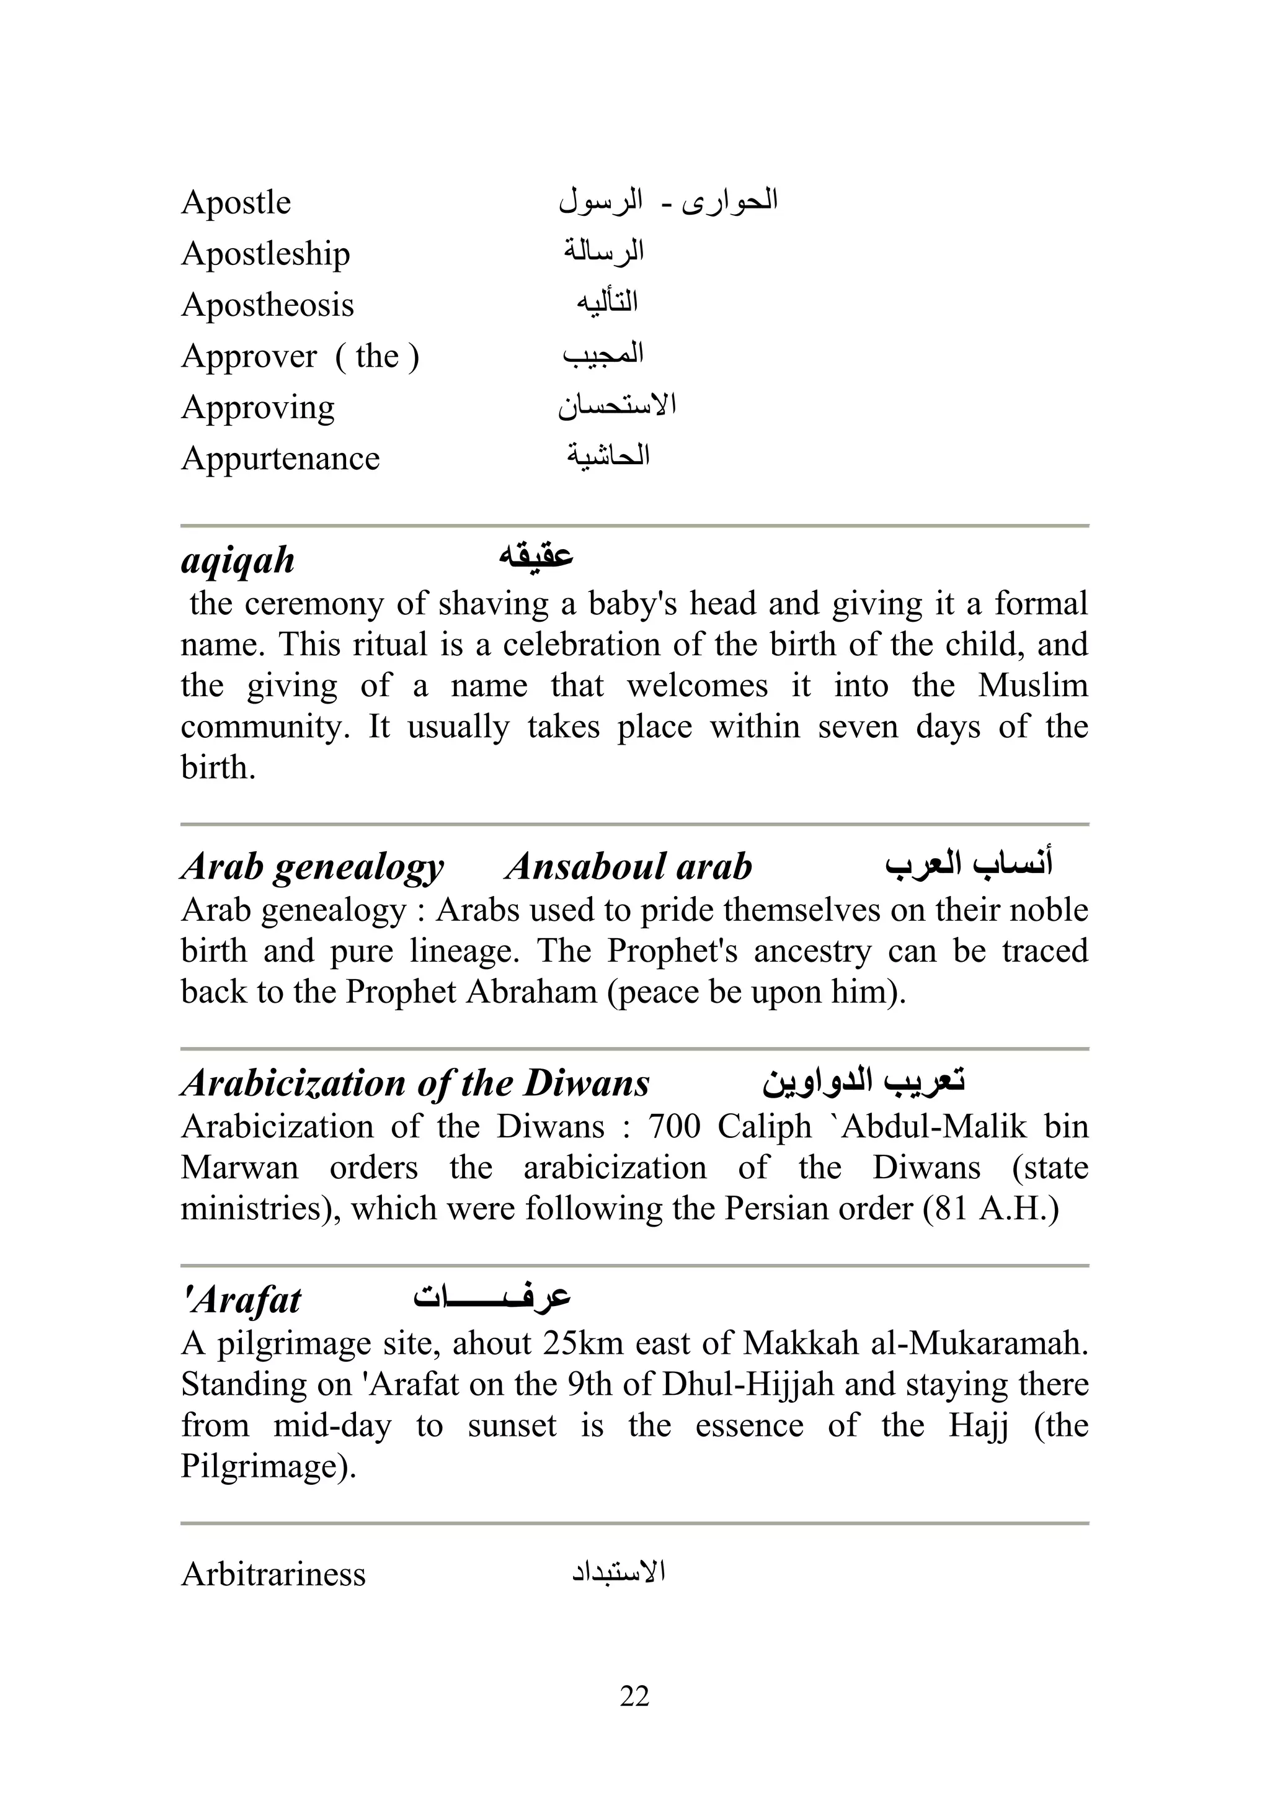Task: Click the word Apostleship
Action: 265,254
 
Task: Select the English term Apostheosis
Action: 267,305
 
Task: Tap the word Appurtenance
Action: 280,459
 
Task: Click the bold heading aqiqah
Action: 238,560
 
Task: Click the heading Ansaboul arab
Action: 628,866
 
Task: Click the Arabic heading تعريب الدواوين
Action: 863,1080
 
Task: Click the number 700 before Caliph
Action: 673,1127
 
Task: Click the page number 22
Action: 634,1696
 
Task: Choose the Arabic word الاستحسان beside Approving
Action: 618,406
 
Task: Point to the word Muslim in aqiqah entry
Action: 1032,686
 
